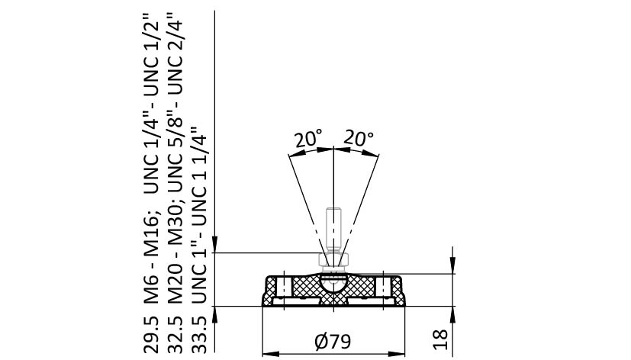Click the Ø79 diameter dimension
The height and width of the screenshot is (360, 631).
pyautogui.click(x=333, y=341)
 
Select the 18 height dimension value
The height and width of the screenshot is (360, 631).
pyautogui.click(x=441, y=339)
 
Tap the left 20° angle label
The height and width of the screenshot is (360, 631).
pyautogui.click(x=307, y=139)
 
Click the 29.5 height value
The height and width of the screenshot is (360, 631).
pyautogui.click(x=152, y=335)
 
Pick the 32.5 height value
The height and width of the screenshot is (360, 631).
pyautogui.click(x=175, y=335)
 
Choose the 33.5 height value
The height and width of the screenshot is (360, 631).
pyautogui.click(x=198, y=335)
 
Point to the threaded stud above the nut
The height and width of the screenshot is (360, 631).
pyautogui.click(x=333, y=229)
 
